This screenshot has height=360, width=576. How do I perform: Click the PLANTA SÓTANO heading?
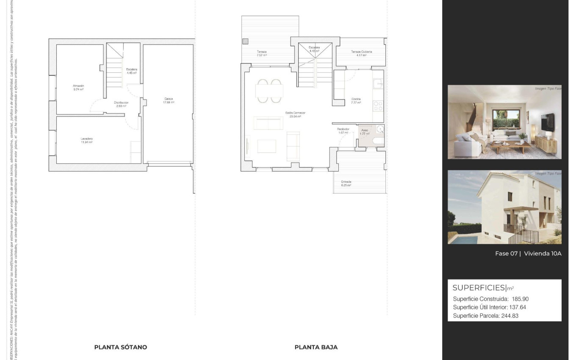coord(121,347)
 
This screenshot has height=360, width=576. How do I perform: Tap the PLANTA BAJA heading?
coord(316,347)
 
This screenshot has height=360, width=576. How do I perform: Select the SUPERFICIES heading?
coord(479,288)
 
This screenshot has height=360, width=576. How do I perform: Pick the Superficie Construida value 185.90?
coord(520,299)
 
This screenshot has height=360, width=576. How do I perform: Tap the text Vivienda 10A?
coord(543,254)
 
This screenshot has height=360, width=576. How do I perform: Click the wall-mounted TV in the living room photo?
coord(547,122)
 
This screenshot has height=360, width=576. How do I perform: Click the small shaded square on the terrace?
coord(245,42)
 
